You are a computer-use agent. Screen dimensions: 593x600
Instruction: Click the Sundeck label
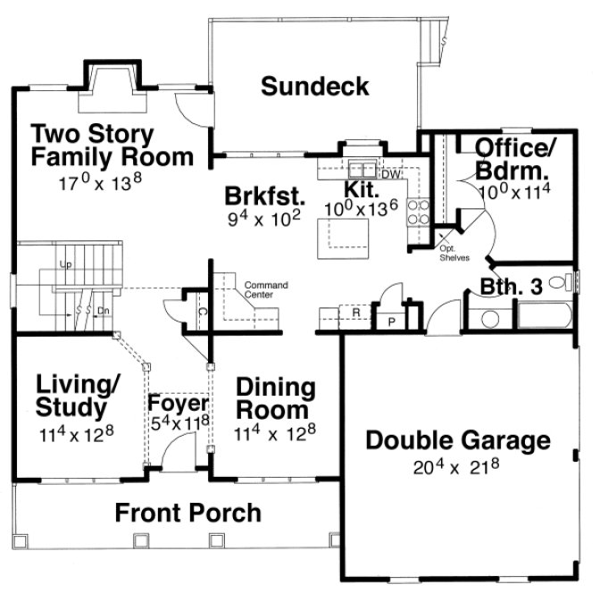(x=315, y=87)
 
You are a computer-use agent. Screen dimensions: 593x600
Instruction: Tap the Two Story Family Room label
(x=112, y=146)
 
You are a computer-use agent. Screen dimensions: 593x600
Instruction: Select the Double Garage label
(x=458, y=440)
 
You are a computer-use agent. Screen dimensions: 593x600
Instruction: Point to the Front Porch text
(x=188, y=514)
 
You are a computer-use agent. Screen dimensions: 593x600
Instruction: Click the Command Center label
(x=267, y=289)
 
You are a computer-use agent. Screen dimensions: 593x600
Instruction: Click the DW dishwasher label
(x=387, y=174)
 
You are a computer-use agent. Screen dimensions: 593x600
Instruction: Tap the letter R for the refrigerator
(x=356, y=313)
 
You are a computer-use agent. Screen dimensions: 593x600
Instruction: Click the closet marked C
(x=202, y=312)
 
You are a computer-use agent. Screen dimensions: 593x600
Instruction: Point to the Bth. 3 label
(x=512, y=287)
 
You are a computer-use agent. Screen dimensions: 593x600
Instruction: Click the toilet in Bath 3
(x=560, y=283)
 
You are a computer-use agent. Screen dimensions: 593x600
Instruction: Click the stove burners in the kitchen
(x=417, y=212)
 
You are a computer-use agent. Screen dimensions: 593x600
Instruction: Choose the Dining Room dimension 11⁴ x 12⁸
(x=275, y=434)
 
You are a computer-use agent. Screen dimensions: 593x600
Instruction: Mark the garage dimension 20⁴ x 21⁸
(x=457, y=467)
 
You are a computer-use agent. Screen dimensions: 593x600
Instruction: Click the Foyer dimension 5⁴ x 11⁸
(x=179, y=422)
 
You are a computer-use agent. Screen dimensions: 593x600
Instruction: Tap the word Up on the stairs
(x=64, y=265)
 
